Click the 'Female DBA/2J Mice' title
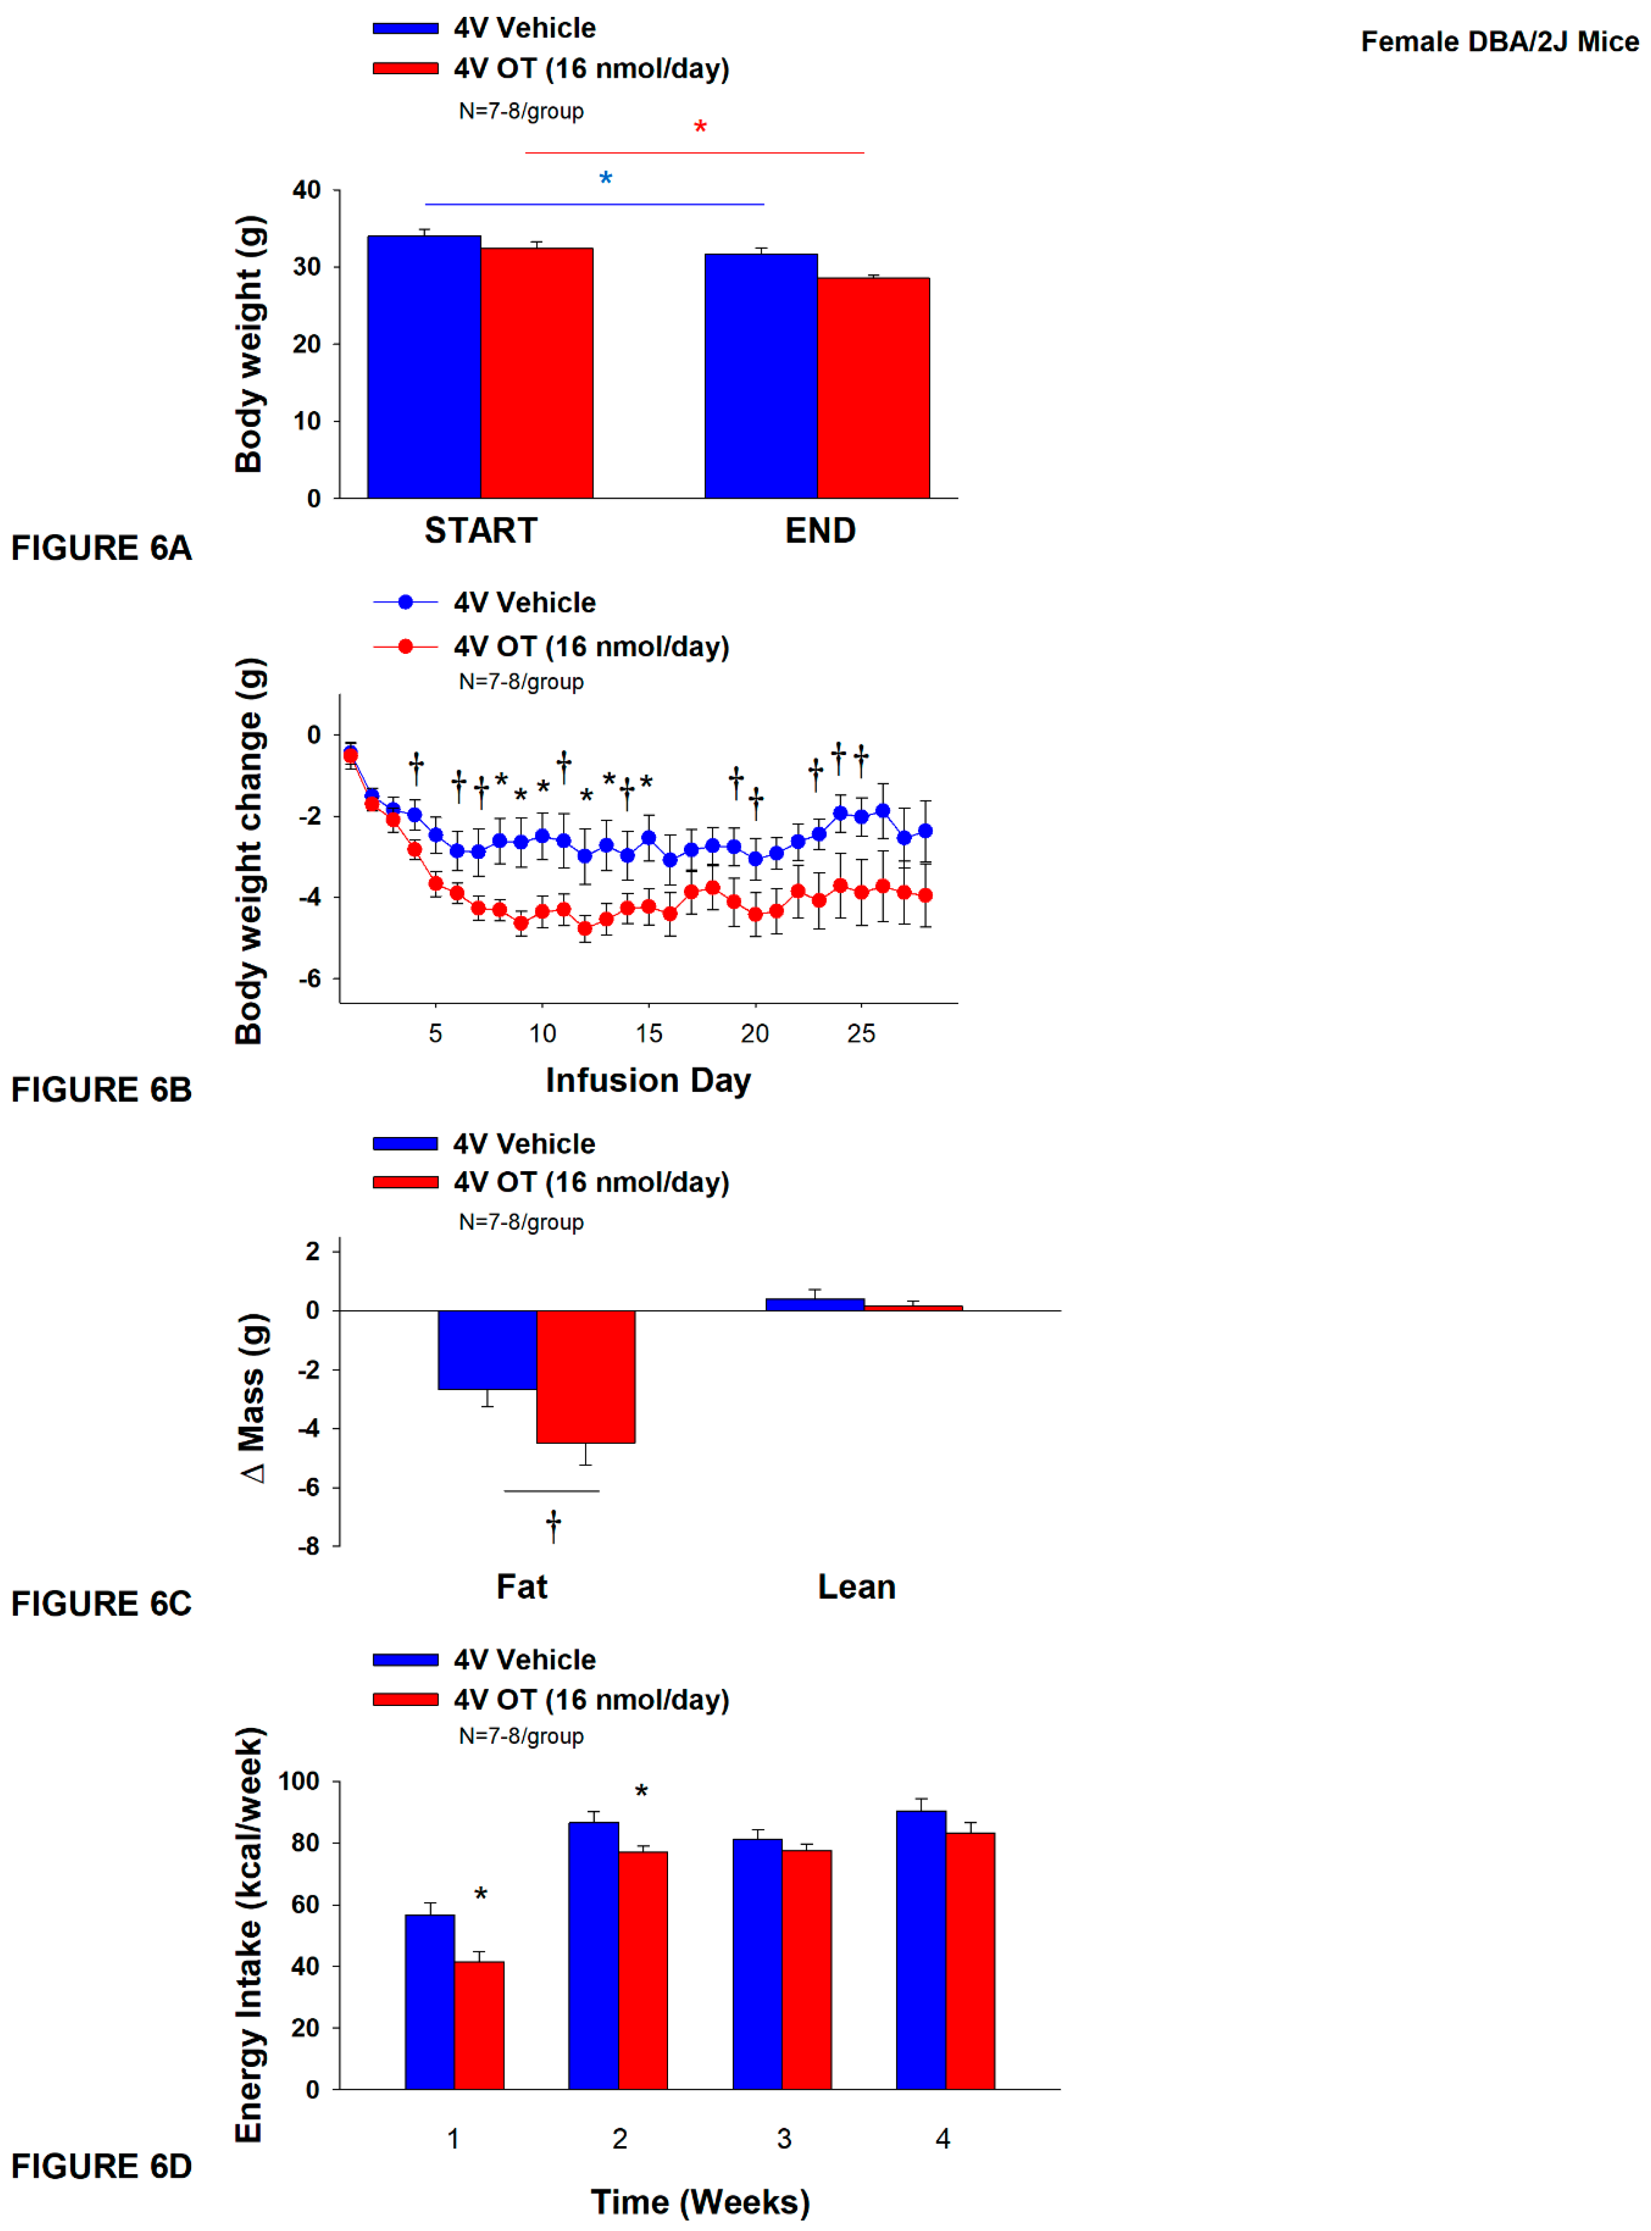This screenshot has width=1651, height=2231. point(1499,42)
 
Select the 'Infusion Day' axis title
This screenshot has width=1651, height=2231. point(648,1081)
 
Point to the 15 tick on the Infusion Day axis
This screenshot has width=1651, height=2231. point(649,1034)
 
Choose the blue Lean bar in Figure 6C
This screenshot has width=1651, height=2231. point(814,1305)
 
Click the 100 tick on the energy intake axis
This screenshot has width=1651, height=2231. point(299,1781)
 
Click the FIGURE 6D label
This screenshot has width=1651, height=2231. point(101,2166)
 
